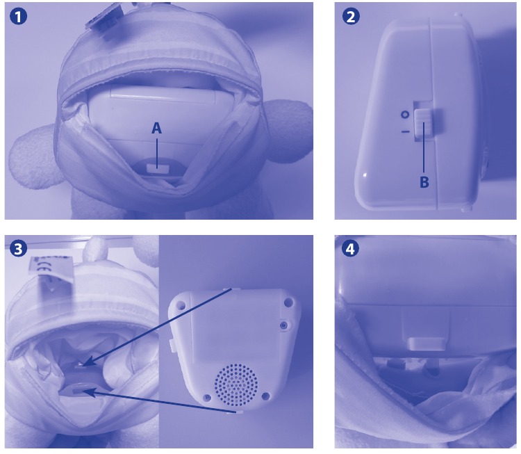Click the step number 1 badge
[x=18, y=17]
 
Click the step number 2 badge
[x=351, y=17]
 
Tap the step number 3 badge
[x=18, y=249]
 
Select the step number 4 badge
[x=351, y=249]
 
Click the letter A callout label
[x=156, y=128]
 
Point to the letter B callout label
[x=424, y=182]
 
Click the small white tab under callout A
[x=157, y=168]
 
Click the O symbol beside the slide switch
[x=405, y=115]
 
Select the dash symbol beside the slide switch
[x=405, y=132]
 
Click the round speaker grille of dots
[x=236, y=382]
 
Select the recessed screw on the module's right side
[x=283, y=325]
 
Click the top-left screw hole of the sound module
[x=181, y=304]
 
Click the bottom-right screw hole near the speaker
[x=265, y=396]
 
